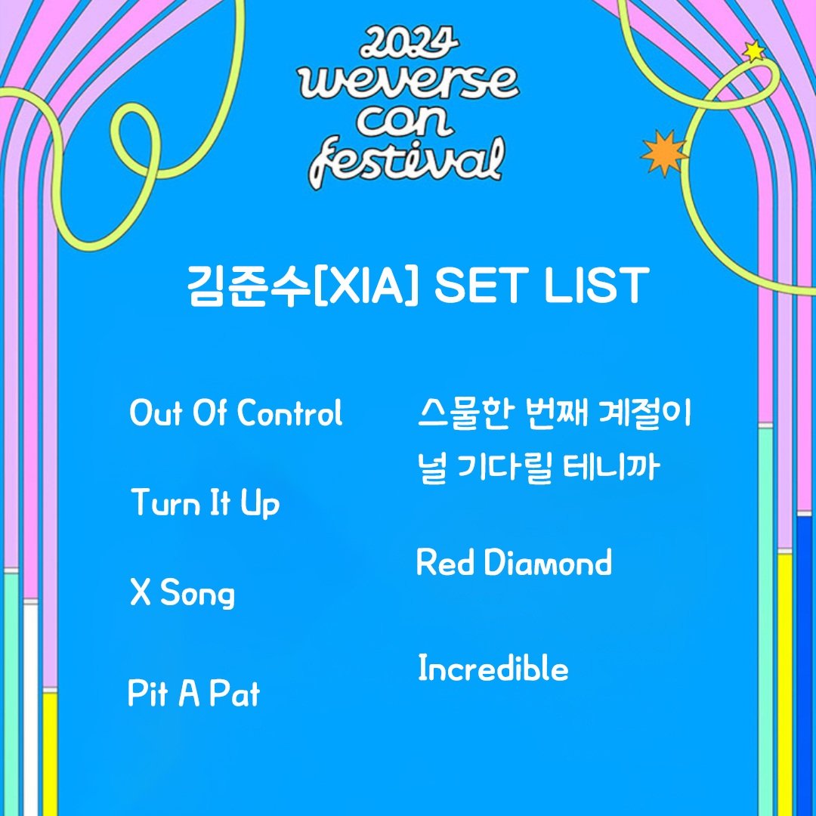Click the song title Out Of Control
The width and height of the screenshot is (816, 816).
click(x=236, y=413)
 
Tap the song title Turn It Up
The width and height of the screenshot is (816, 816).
click(x=205, y=503)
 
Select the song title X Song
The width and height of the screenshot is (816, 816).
click(x=182, y=594)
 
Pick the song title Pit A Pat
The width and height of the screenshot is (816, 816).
click(x=193, y=693)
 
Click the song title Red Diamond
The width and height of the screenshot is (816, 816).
click(x=514, y=564)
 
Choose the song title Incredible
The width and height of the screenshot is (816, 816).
click(x=493, y=669)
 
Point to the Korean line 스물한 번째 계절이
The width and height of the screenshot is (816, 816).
click(x=555, y=415)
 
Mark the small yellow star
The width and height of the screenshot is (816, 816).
click(x=753, y=51)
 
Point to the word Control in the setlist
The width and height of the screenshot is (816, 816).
click(x=289, y=413)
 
